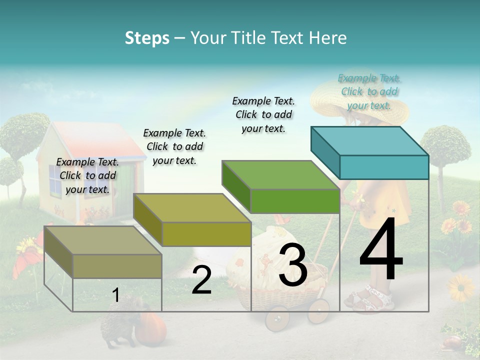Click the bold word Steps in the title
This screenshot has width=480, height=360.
click(147, 38)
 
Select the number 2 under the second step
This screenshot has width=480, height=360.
click(201, 280)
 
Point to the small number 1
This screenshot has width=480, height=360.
click(115, 295)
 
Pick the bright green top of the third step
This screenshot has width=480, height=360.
click(280, 175)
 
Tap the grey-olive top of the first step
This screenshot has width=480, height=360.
click(102, 240)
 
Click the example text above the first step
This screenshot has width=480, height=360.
click(87, 175)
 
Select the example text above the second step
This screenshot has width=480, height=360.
click(174, 146)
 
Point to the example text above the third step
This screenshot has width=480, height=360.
click(263, 114)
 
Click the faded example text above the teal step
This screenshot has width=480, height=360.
click(369, 91)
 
